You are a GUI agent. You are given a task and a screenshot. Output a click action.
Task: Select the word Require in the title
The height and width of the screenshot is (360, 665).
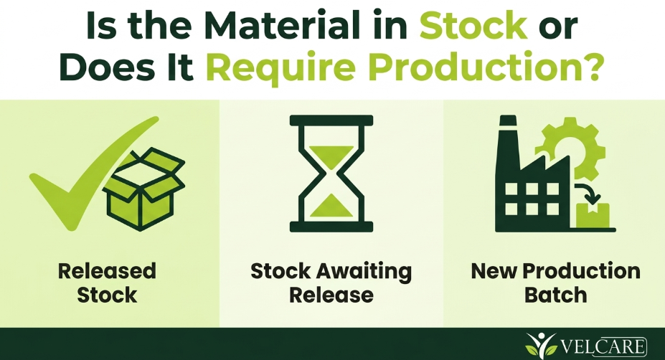(x=280, y=68)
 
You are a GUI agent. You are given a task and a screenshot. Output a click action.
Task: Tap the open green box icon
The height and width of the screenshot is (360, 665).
(x=143, y=189)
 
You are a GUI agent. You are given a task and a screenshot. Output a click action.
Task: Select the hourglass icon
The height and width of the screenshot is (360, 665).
(x=331, y=174)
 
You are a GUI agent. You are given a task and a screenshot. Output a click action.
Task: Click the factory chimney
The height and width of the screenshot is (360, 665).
(x=508, y=141)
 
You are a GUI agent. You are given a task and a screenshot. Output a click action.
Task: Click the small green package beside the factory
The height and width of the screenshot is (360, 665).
(x=593, y=215)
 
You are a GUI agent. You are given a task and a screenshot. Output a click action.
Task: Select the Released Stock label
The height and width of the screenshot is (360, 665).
(x=107, y=283)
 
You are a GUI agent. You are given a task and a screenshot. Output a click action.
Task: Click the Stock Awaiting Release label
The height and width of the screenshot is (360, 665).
(x=331, y=283)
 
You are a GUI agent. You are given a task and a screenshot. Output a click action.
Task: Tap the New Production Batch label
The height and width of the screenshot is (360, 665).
(x=555, y=283)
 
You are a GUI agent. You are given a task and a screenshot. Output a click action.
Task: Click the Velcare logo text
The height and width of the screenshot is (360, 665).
(x=604, y=346)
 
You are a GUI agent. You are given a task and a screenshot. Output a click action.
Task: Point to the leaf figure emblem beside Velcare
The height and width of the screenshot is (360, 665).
(x=540, y=344)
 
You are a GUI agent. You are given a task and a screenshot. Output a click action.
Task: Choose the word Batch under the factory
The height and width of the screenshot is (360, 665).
(x=555, y=295)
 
